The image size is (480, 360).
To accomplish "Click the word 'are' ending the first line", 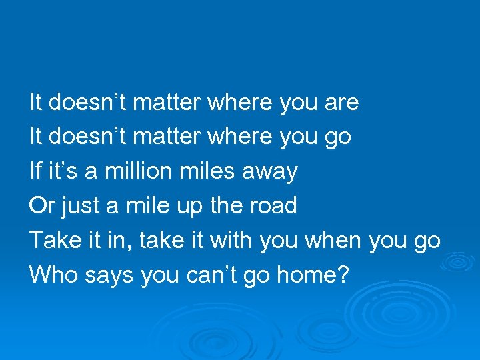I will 341,103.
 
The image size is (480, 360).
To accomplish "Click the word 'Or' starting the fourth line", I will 41,206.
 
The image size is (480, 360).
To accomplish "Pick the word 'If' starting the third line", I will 36,172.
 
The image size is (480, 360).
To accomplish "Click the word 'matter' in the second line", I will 170,138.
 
